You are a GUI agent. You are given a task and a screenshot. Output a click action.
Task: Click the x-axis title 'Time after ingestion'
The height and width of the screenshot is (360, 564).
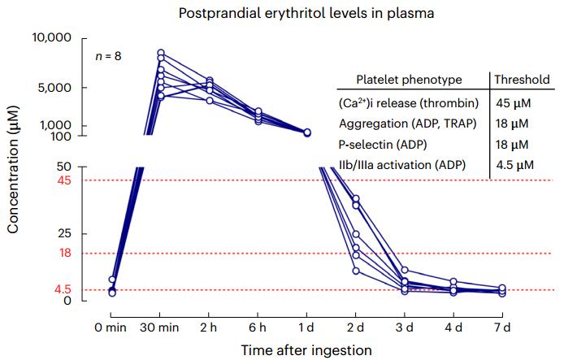coord(306,349)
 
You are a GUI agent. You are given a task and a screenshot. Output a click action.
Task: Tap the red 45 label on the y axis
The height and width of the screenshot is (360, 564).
coord(64,180)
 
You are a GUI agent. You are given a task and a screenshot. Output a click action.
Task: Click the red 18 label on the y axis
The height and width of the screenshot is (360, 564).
coord(65,254)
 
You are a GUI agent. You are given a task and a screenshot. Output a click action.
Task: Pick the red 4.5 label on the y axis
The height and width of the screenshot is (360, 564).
coord(62,289)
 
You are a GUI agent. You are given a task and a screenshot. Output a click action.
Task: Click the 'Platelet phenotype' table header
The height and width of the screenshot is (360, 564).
coord(409,80)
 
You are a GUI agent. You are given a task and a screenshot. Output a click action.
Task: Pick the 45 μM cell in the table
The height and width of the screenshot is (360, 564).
coord(514,103)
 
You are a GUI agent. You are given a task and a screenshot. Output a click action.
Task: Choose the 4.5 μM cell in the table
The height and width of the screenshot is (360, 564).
coord(514,165)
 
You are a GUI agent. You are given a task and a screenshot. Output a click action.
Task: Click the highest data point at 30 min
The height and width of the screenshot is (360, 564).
coord(161,53)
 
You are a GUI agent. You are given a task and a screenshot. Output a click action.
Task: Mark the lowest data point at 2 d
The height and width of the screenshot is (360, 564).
coord(356,271)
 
